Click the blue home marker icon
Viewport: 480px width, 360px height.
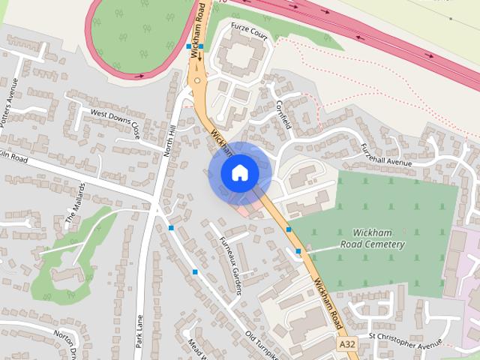[239, 172]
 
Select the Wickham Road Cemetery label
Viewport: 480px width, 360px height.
[373, 239]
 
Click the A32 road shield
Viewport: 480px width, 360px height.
[346, 343]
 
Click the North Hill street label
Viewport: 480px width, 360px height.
[170, 139]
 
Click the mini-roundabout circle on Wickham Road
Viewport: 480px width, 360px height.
[197, 79]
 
